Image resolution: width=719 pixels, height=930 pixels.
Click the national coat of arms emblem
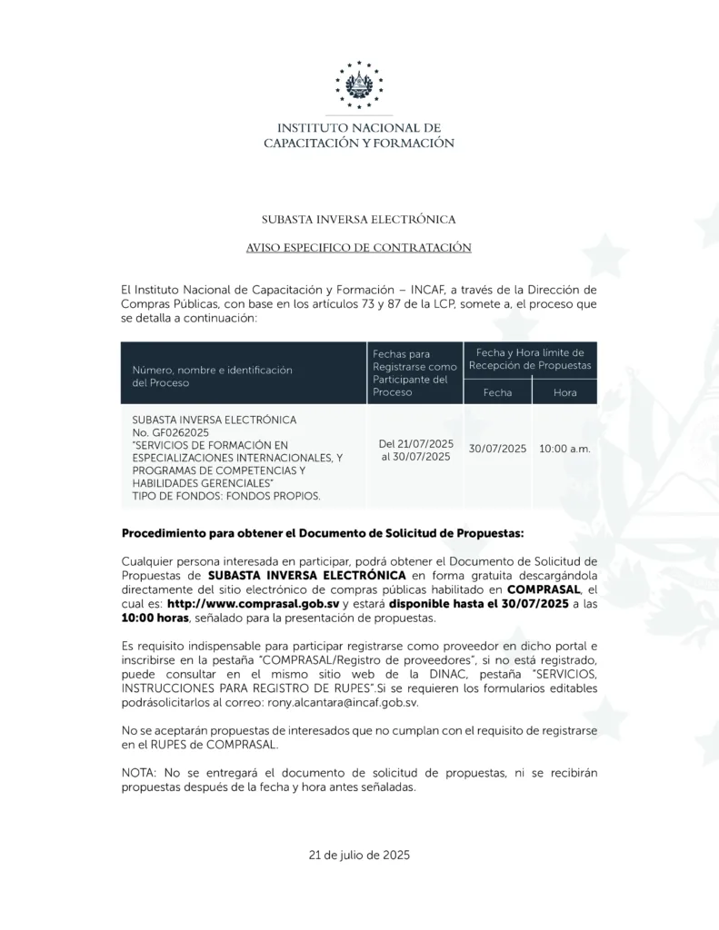pyautogui.click(x=359, y=86)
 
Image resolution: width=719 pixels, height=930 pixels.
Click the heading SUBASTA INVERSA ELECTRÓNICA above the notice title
pyautogui.click(x=359, y=219)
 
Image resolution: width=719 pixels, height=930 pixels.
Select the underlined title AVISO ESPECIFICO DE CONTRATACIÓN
pyautogui.click(x=359, y=247)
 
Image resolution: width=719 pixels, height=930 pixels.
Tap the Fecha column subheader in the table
pyautogui.click(x=497, y=392)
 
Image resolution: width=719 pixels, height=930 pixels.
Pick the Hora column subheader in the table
pyautogui.click(x=564, y=392)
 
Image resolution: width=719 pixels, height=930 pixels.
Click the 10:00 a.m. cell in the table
pyautogui.click(x=564, y=449)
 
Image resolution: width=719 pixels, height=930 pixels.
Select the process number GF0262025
pyautogui.click(x=169, y=434)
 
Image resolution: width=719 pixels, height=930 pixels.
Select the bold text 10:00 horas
pyautogui.click(x=154, y=618)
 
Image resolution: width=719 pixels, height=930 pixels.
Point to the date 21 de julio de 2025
pyautogui.click(x=360, y=855)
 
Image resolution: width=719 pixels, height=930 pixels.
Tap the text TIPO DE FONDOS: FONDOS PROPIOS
pyautogui.click(x=225, y=497)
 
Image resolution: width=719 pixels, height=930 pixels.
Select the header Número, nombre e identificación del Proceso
pyautogui.click(x=211, y=377)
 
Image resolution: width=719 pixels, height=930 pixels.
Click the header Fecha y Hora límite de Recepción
pyautogui.click(x=530, y=359)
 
